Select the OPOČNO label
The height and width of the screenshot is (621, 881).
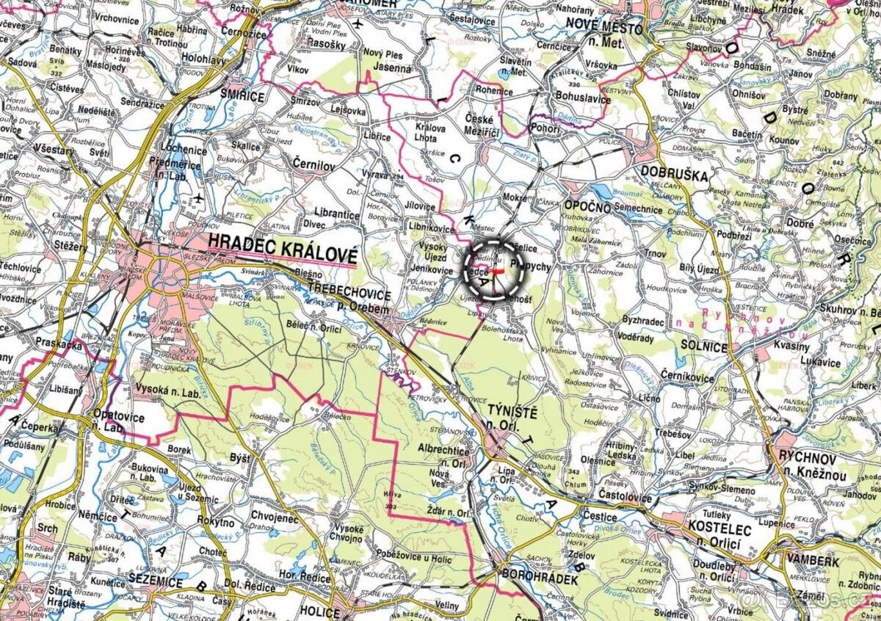pyautogui.click(x=587, y=207)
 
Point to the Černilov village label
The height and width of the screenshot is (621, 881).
pyautogui.click(x=314, y=165)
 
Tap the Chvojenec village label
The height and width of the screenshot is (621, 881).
pyautogui.click(x=275, y=517)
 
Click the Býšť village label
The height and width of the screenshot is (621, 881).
pyautogui.click(x=240, y=458)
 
